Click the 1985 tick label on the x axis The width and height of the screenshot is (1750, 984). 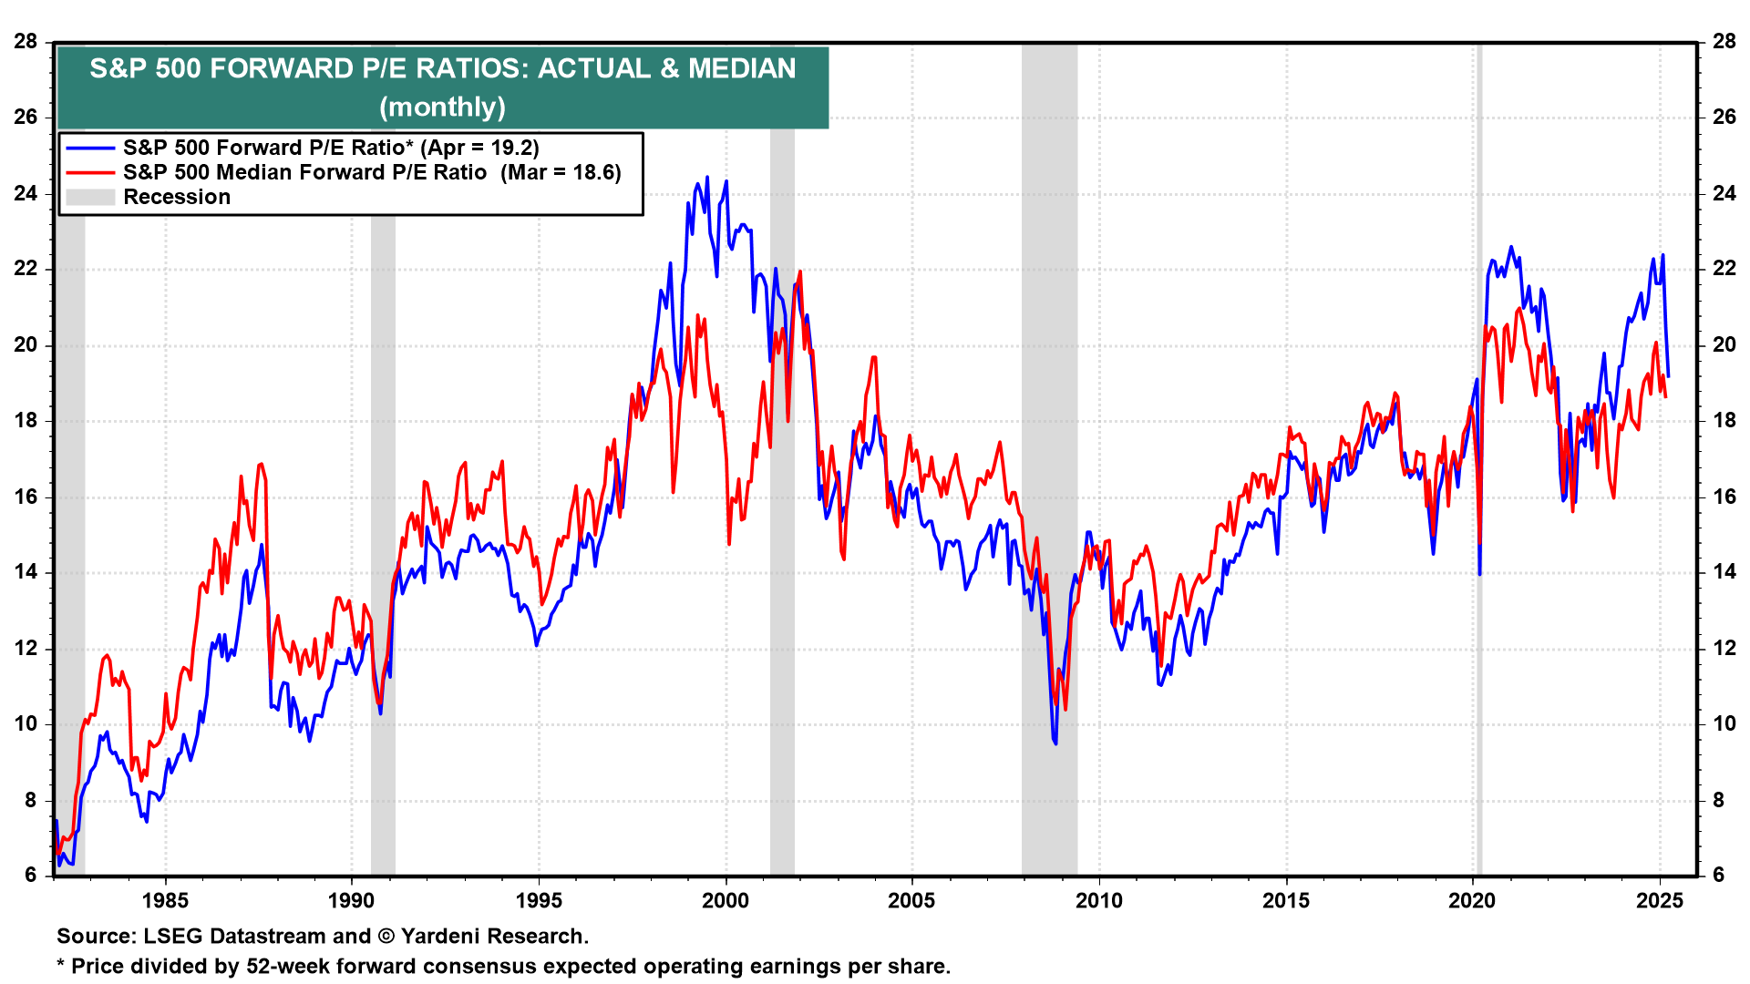click(x=165, y=901)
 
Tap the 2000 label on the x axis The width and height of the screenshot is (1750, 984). click(x=726, y=901)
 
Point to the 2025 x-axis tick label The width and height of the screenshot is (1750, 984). click(x=1660, y=901)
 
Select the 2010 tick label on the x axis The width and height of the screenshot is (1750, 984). click(x=1099, y=901)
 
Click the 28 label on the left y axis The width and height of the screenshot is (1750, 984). click(x=26, y=41)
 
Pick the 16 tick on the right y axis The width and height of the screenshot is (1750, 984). click(x=1724, y=497)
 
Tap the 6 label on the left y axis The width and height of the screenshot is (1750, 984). click(x=31, y=876)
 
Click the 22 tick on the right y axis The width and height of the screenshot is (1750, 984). click(x=1724, y=269)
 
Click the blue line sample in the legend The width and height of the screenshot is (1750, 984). click(x=90, y=148)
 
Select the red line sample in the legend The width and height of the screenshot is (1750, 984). click(x=90, y=172)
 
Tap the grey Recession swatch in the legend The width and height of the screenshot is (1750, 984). click(x=90, y=197)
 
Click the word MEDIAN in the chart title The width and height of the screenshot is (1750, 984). click(x=742, y=68)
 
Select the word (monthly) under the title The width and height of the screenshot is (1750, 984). click(x=442, y=107)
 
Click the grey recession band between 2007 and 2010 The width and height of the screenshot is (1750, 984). click(x=1049, y=456)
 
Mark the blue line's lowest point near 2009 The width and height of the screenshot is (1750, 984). click(x=1055, y=743)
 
